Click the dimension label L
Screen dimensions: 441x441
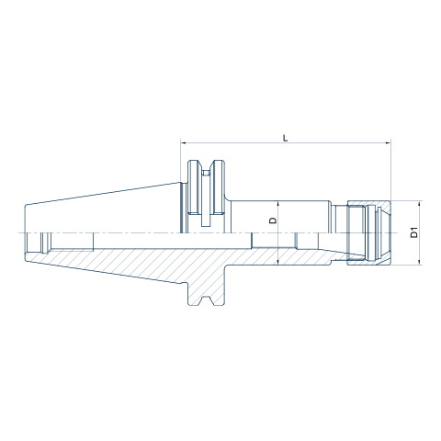pos(286,138)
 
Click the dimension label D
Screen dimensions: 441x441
pos(273,220)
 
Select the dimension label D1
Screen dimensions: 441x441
pos(413,232)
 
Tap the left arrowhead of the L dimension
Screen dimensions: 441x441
pos(184,142)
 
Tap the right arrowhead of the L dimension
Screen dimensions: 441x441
pos(388,142)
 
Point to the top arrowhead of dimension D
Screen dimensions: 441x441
pos(277,204)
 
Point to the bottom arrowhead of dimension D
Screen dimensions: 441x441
pos(277,261)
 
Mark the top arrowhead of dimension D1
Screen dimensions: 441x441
pos(420,204)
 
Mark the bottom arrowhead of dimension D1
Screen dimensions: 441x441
pos(420,262)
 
